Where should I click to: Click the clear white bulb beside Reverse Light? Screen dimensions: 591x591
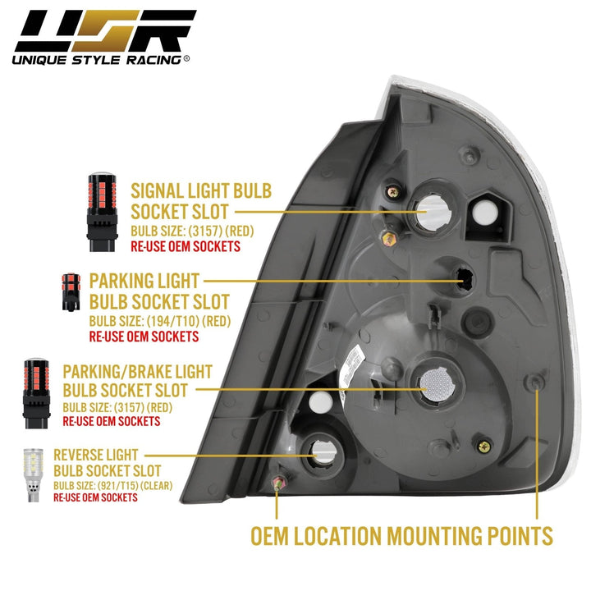tap(33, 474)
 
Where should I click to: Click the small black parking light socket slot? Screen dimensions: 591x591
tap(464, 280)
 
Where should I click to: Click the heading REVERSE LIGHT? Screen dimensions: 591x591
tap(95, 454)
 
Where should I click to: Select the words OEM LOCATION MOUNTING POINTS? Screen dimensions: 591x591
tap(401, 536)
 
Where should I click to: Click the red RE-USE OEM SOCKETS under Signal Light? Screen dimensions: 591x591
tap(186, 246)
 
